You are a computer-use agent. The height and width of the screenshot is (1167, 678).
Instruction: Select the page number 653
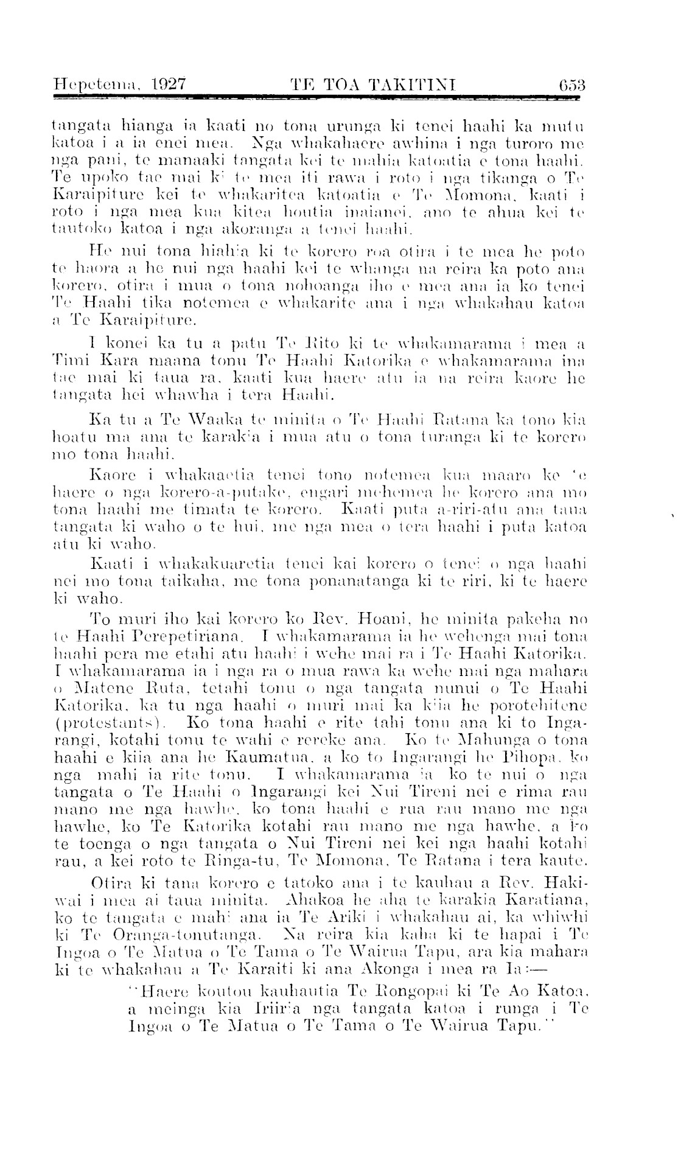(568, 83)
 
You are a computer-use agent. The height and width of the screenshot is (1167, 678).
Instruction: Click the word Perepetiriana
(184, 638)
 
